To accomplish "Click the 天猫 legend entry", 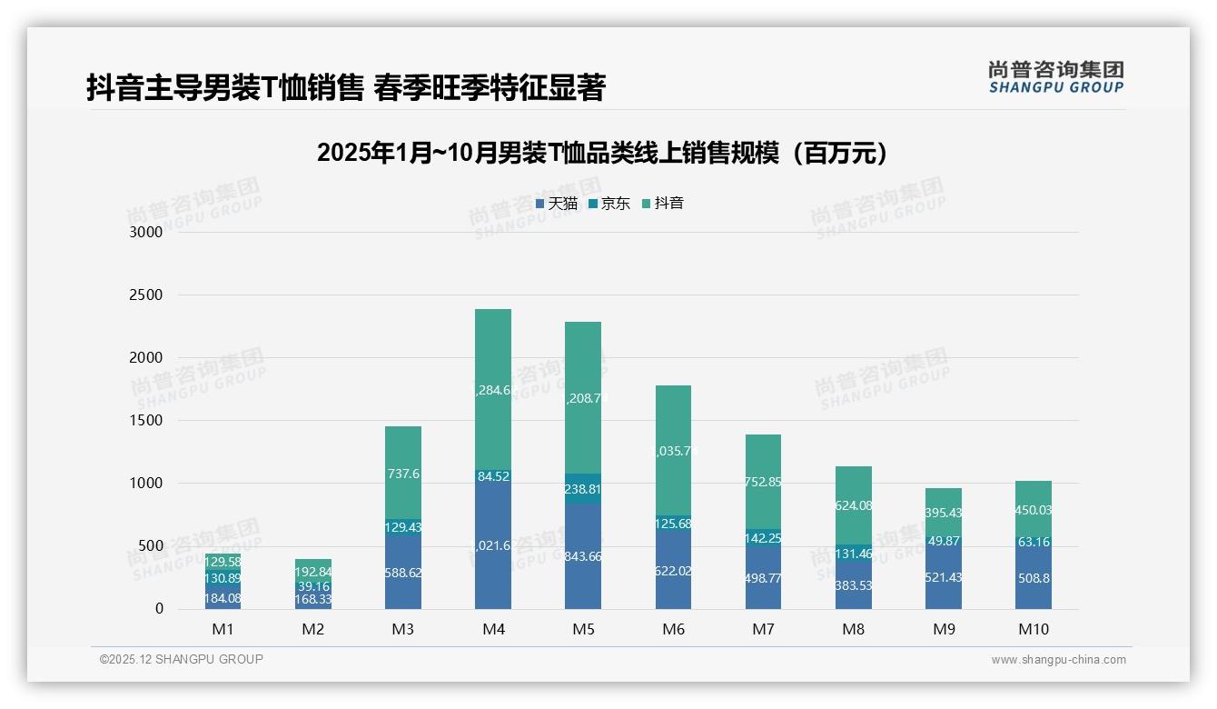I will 557,204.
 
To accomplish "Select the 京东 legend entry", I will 609,204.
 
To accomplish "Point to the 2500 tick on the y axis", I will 145,295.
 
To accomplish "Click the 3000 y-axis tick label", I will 145,233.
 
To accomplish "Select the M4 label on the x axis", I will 493,630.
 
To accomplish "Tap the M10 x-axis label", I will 1033,630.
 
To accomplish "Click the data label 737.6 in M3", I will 403,474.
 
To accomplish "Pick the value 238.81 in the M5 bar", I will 583,489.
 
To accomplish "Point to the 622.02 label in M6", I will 673,572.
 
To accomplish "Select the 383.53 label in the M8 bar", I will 853,585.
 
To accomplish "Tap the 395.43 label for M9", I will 943,514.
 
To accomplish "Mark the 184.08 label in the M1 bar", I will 223,598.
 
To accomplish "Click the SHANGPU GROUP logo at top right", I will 1055,77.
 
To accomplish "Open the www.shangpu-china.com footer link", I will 1058,660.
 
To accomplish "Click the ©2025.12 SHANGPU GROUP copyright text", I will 182,660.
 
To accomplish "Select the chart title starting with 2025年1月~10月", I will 602,154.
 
